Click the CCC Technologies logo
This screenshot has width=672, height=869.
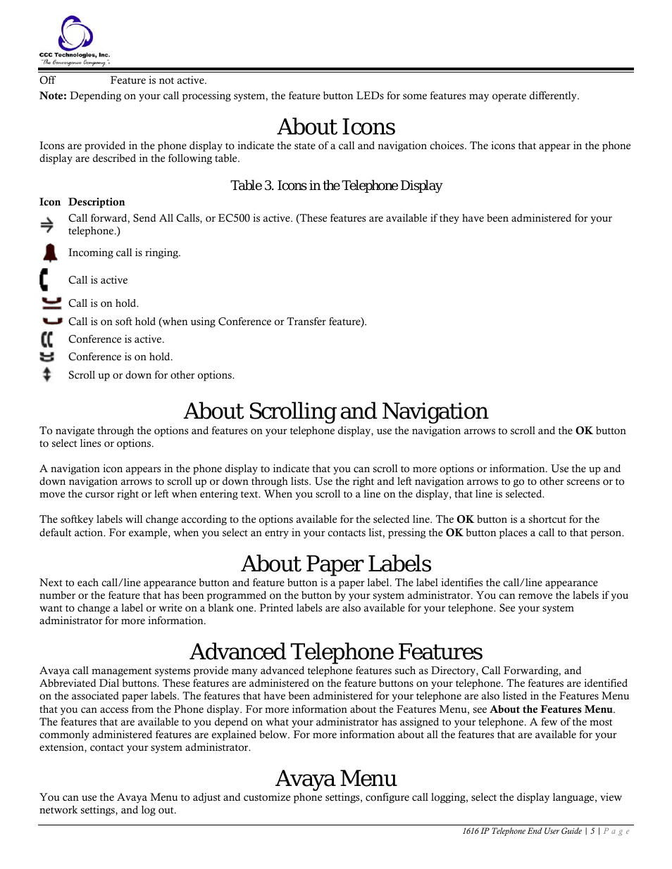tap(74, 41)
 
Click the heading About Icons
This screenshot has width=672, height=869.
tap(336, 127)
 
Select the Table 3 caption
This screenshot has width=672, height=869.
tap(336, 186)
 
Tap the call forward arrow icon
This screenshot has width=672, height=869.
tap(47, 224)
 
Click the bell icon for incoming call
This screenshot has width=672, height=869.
tap(50, 253)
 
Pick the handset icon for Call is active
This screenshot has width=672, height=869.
tap(45, 279)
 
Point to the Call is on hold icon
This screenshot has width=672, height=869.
tap(51, 303)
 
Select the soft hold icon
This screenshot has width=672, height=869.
tap(52, 321)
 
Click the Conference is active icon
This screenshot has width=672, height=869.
tap(47, 339)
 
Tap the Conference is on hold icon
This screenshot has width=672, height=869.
tap(47, 357)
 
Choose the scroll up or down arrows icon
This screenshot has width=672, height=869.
tap(47, 374)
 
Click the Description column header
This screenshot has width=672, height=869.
tap(97, 202)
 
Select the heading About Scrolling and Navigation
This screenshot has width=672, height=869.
tap(336, 411)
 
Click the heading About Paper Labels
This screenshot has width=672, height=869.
tap(336, 564)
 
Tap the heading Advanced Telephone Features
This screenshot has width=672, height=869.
tap(336, 652)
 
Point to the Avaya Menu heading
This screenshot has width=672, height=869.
tap(336, 778)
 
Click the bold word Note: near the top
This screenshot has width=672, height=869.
tap(53, 96)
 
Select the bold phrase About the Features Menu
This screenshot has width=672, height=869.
tap(551, 709)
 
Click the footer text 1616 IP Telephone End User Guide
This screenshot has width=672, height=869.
tap(522, 831)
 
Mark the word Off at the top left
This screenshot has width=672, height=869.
tap(47, 80)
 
